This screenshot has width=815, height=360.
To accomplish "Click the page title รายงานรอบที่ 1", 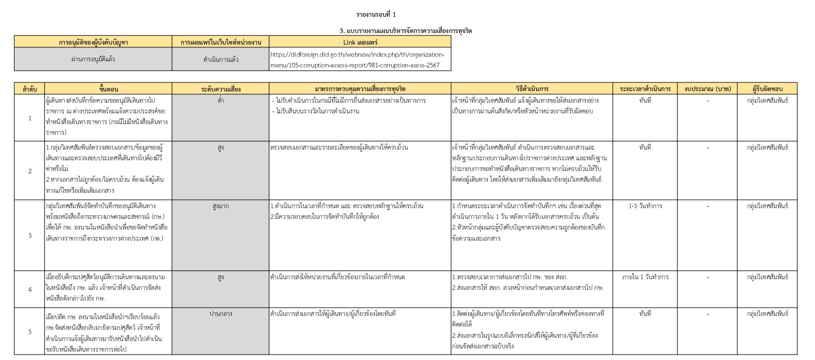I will [376, 15].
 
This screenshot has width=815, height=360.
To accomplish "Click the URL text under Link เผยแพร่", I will [357, 60].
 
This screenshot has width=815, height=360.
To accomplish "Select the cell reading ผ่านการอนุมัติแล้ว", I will [93, 59].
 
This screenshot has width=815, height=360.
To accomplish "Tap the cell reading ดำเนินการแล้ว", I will [221, 60].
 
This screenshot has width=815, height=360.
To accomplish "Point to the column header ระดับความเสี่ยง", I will [221, 89].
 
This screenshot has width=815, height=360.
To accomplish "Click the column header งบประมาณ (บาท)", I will [708, 89].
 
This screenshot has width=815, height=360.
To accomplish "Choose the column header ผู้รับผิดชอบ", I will [768, 89].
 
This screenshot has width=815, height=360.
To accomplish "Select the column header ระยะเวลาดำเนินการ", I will [645, 89].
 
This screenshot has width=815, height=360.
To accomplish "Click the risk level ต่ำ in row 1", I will [221, 100].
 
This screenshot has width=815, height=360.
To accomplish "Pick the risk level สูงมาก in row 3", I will [221, 206].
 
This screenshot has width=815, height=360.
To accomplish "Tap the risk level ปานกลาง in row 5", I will [221, 314].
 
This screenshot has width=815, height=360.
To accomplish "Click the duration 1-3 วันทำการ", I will [645, 206].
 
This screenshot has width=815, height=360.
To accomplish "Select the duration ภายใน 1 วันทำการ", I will [645, 277].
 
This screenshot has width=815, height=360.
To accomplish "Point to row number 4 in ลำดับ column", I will [30, 289].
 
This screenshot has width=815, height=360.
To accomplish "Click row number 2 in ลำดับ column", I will [30, 171].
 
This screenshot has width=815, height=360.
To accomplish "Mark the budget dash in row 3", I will [708, 206].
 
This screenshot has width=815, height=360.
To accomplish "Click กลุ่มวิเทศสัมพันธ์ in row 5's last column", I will [768, 314].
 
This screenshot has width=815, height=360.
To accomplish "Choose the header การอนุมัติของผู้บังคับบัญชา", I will [93, 42].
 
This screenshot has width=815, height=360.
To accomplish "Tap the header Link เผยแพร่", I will [360, 42].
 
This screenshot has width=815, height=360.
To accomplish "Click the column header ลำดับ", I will [30, 89].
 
